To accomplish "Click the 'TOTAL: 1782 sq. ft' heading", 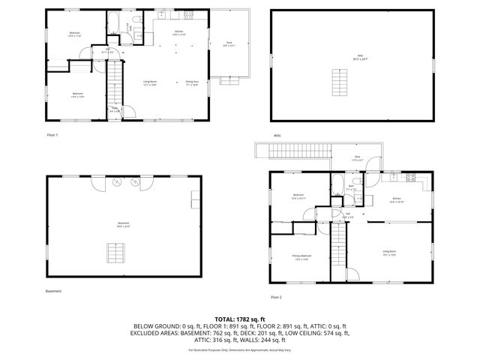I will [x=239, y=319].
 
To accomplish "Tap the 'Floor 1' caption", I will [x=52, y=135].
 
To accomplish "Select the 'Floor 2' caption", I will [x=276, y=297].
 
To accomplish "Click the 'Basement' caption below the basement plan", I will [x=53, y=291].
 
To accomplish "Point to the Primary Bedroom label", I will [x=301, y=257].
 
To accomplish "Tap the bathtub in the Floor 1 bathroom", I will [x=117, y=18].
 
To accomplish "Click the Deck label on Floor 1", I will [x=229, y=44].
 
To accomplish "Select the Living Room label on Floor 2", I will [x=389, y=253].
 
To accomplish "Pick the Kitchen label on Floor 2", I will [x=397, y=200].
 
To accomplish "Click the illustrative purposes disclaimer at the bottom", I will [x=239, y=350].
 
